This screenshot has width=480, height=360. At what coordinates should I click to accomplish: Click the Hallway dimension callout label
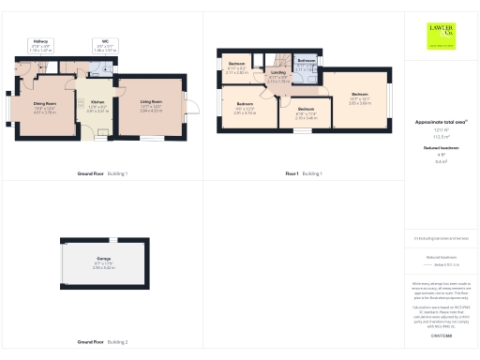(40, 45)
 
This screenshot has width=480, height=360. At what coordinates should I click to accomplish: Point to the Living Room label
(151, 104)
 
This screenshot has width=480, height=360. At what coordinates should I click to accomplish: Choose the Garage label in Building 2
(103, 262)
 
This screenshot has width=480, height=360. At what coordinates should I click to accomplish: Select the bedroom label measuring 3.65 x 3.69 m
(360, 97)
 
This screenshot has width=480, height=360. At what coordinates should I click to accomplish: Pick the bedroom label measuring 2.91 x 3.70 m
(245, 107)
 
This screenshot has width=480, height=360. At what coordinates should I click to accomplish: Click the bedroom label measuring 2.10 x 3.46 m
(306, 112)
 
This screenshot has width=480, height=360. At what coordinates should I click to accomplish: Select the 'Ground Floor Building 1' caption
(102, 174)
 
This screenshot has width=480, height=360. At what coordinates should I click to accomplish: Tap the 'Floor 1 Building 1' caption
(304, 174)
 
